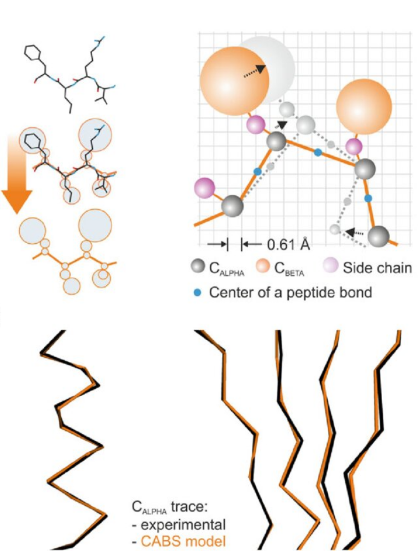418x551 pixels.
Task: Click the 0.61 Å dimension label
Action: point(288,244)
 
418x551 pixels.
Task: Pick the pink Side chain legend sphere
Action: point(330,266)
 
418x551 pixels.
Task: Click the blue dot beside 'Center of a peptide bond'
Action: point(198,292)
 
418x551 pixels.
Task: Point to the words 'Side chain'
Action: point(377,268)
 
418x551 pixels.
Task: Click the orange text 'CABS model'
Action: point(183,541)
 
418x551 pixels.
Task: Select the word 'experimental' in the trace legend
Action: point(183,525)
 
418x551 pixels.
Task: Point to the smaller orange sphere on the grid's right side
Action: point(363,106)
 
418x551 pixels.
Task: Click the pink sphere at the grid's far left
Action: point(205,188)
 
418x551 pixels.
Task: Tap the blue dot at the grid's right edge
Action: point(368,199)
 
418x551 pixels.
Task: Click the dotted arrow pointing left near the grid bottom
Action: point(355,232)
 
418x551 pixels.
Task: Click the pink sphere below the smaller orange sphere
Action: point(354,146)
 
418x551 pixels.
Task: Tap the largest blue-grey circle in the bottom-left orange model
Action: point(95,225)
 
